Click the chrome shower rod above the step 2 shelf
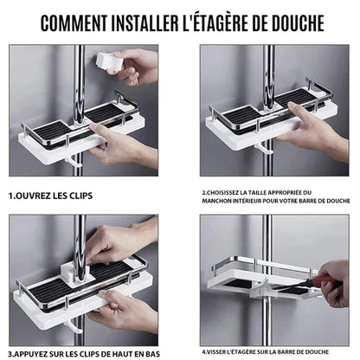269,69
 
